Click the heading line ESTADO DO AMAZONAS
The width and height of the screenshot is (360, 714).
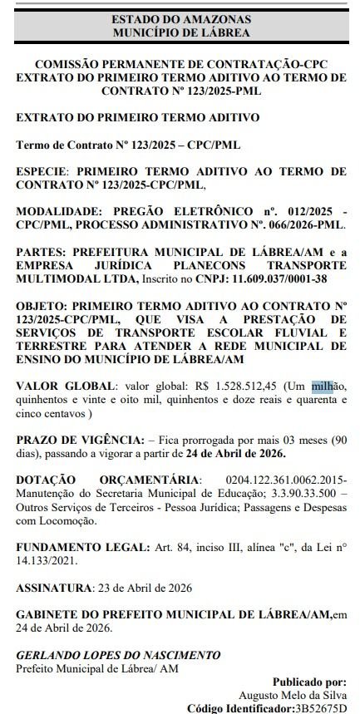coord(180,18)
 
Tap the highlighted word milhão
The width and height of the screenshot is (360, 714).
coord(322,386)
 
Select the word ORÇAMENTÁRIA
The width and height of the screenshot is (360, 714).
coord(146,481)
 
